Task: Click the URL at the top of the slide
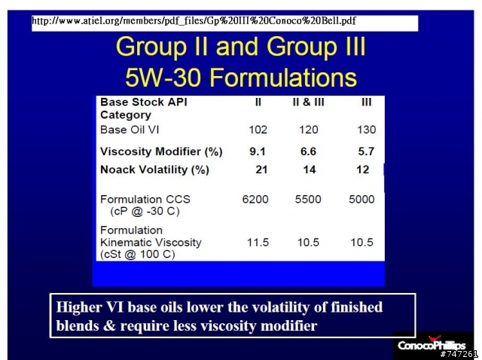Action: pyautogui.click(x=194, y=21)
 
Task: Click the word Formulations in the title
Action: pyautogui.click(x=283, y=77)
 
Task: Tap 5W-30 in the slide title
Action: pyautogui.click(x=163, y=77)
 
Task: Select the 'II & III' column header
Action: pyautogui.click(x=308, y=102)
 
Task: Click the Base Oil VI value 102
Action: pyautogui.click(x=258, y=130)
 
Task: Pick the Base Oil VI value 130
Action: pyautogui.click(x=367, y=130)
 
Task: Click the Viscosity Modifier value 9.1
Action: pyautogui.click(x=258, y=151)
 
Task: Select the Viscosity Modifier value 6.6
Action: pyautogui.click(x=308, y=151)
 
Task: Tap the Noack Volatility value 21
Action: pyautogui.click(x=261, y=169)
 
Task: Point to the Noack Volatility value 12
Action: pyautogui.click(x=363, y=169)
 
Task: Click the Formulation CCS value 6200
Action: pyautogui.click(x=255, y=200)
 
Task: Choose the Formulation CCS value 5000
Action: pyautogui.click(x=361, y=200)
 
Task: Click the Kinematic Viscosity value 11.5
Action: pyautogui.click(x=258, y=243)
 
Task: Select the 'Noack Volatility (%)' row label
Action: pyautogui.click(x=154, y=169)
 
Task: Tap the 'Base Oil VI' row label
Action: pyautogui.click(x=130, y=130)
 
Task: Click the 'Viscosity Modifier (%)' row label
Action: pyautogui.click(x=161, y=151)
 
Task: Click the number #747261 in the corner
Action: pyautogui.click(x=459, y=354)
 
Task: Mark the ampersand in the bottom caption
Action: pyautogui.click(x=109, y=325)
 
